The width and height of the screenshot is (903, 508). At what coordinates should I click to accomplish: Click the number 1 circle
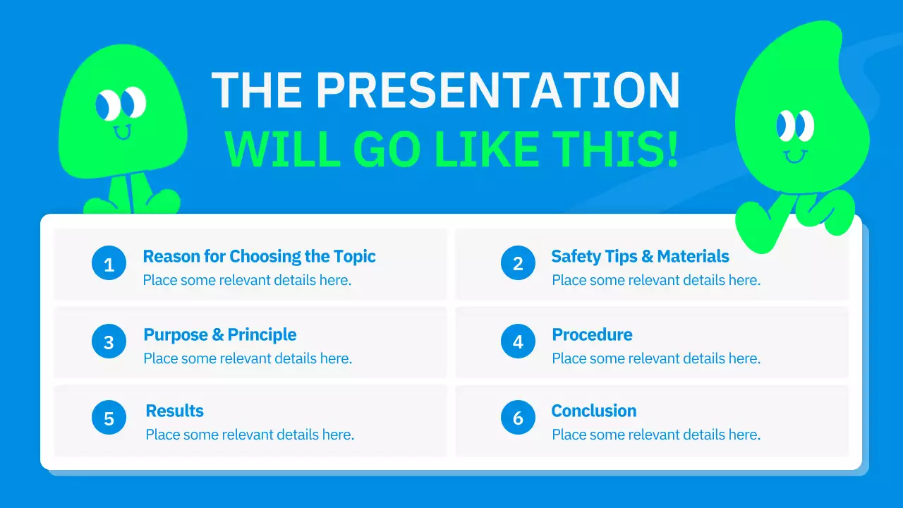coord(109,263)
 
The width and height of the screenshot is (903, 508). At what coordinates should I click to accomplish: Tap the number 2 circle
coord(518,263)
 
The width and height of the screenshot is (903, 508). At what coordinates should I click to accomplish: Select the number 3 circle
coord(109,341)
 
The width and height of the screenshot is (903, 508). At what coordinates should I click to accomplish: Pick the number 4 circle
coord(518,341)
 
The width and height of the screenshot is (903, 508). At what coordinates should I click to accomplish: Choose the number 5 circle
coord(109,417)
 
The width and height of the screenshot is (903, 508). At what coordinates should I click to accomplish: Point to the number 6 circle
coord(518,417)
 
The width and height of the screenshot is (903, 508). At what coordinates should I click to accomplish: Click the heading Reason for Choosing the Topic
coord(259,256)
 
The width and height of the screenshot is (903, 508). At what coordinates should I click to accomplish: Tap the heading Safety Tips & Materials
coord(640,256)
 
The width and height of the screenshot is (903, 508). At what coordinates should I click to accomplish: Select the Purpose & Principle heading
coord(219,334)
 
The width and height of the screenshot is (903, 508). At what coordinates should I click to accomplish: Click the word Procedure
coord(592,334)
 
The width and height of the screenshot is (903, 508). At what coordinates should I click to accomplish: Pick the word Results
coord(174,411)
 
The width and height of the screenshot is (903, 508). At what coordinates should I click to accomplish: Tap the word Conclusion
coord(594,411)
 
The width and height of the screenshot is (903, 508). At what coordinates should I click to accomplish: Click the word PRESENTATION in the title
coord(498,90)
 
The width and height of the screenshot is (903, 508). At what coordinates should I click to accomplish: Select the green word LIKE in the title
coord(487,149)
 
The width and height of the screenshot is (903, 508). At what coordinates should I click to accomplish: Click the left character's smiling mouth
coord(122,132)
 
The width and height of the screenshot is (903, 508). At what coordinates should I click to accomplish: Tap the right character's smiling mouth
coord(795,156)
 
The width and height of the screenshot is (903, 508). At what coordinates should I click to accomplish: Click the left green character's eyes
coord(121,104)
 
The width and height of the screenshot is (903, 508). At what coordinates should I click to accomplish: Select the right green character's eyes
coord(795,126)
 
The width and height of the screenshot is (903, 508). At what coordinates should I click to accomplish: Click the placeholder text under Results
coord(250,435)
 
